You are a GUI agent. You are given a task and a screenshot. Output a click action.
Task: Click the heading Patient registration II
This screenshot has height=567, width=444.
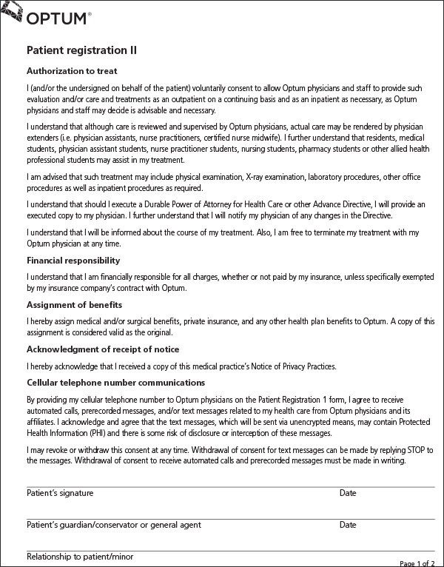[81, 50]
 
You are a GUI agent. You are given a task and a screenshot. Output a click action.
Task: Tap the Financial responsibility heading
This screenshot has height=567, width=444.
[73, 261]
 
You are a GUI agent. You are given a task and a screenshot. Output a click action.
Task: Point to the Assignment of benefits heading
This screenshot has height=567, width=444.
[75, 304]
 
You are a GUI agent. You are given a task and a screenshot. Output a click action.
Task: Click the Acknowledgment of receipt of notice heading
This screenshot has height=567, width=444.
[103, 349]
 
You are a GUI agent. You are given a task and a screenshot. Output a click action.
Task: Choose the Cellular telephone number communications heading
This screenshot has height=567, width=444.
[115, 383]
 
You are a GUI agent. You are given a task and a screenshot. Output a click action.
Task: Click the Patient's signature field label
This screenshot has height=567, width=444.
[60, 493]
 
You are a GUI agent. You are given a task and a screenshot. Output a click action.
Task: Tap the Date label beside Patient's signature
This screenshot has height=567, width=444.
[348, 493]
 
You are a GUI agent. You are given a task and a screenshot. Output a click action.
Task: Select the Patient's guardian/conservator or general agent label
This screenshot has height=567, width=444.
[113, 525]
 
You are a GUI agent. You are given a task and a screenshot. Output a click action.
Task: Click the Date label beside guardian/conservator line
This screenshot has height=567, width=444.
[348, 525]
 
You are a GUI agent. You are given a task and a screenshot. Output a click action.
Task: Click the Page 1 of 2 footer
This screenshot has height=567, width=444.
[417, 563]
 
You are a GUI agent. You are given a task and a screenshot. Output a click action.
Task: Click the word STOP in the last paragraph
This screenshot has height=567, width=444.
[412, 450]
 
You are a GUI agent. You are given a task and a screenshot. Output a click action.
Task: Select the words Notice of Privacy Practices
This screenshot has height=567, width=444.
[292, 366]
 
